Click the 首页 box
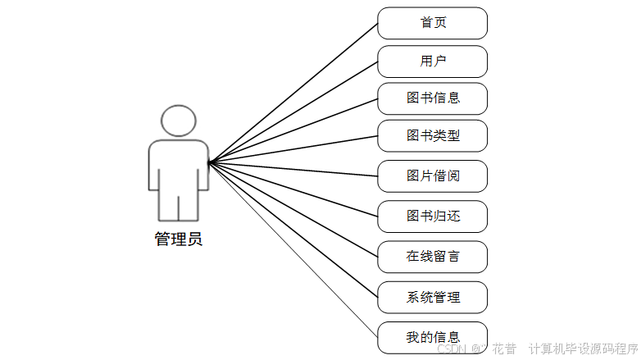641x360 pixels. click(432, 23)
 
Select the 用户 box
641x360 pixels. click(432, 62)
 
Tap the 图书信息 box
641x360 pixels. click(432, 98)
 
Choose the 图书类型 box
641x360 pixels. click(432, 136)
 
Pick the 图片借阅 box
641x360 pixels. click(432, 175)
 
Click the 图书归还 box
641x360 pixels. click(432, 216)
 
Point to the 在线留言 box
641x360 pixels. click(432, 257)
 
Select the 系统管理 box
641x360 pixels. click(432, 297)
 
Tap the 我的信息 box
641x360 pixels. click(432, 337)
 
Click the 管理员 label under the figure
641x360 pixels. click(179, 239)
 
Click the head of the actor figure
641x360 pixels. click(179, 121)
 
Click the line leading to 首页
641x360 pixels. click(293, 92)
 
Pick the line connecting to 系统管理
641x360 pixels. click(293, 230)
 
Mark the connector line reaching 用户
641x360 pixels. click(293, 112)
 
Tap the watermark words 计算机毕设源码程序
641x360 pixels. click(583, 349)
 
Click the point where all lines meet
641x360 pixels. click(209, 162)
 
